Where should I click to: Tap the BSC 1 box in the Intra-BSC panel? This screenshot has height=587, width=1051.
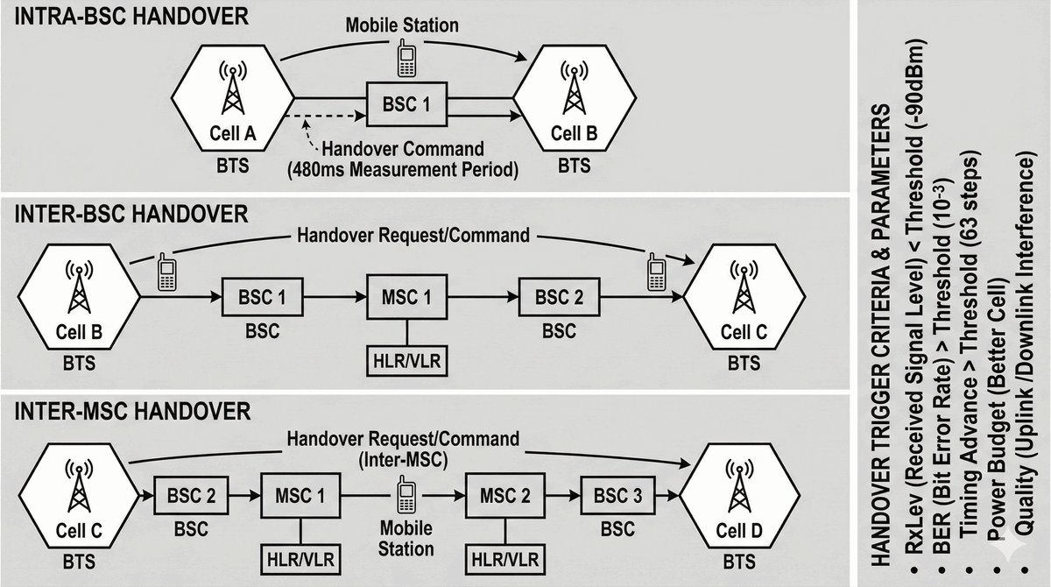pos(406,103)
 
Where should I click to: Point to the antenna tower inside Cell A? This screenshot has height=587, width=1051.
pos(231,88)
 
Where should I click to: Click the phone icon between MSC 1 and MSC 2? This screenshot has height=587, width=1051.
pos(406,496)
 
